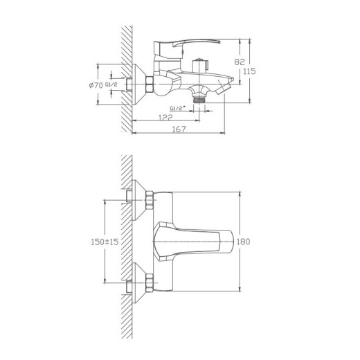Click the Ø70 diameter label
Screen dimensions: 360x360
96,85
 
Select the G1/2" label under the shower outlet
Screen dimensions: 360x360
177,107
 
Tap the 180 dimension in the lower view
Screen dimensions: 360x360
242,242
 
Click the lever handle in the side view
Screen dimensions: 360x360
170,48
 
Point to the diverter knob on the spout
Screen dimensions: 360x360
203,66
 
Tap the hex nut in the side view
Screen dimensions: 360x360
150,86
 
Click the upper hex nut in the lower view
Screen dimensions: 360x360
150,202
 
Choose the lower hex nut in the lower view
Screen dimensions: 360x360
150,282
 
